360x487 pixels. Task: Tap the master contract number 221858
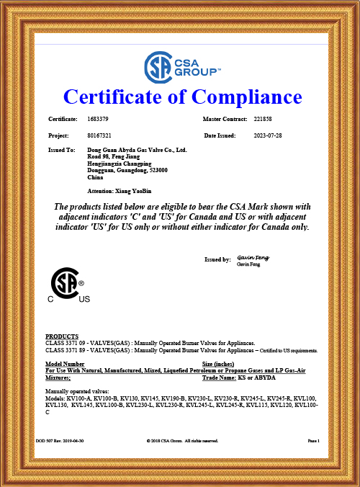(x=265, y=118)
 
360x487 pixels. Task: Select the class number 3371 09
(x=73, y=344)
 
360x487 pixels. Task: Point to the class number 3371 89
(x=73, y=350)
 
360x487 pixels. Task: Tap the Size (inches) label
(x=222, y=365)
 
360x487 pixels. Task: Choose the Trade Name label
(x=220, y=377)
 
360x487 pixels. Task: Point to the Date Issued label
(x=220, y=135)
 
